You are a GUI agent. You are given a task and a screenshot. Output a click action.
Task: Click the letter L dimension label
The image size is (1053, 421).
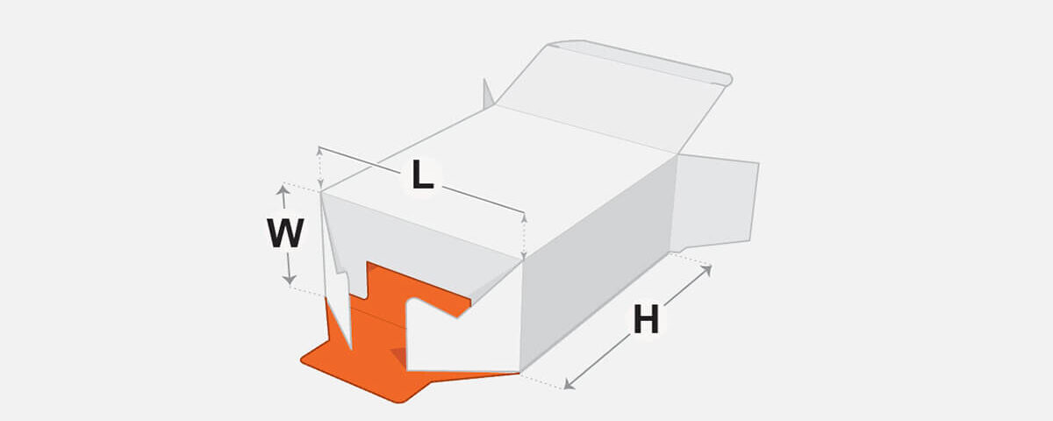[422, 175]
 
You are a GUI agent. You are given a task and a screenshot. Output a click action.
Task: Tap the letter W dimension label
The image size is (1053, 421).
[285, 233]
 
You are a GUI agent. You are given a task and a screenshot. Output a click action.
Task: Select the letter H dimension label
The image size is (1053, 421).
[646, 319]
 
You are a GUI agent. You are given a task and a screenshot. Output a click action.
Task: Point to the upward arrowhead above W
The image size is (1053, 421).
[282, 189]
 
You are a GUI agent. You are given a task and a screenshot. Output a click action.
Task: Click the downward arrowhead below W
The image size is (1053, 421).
[289, 279]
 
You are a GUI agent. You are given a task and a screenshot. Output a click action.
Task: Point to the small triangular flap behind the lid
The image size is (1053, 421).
[488, 94]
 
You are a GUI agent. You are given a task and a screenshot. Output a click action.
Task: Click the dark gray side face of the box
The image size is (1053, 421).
[597, 263]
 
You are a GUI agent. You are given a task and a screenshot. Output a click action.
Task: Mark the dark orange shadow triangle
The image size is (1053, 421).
[398, 356]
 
